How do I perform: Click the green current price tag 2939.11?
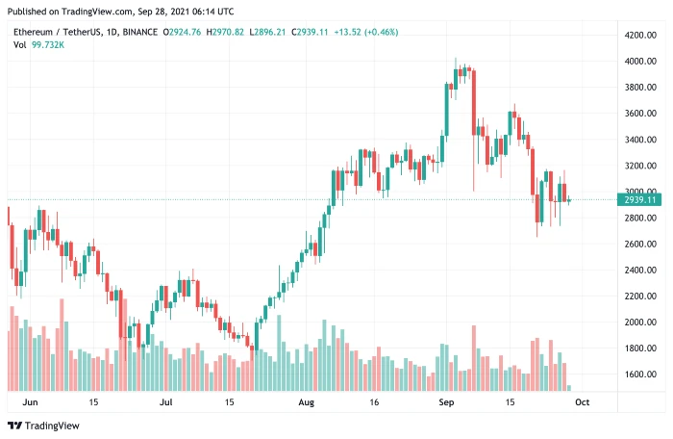pyautogui.click(x=638, y=200)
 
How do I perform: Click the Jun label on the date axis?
pyautogui.click(x=30, y=401)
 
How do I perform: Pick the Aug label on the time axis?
pyautogui.click(x=306, y=401)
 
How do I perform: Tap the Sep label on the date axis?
pyautogui.click(x=445, y=401)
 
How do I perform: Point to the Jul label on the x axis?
pyautogui.click(x=166, y=401)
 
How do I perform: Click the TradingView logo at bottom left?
pyautogui.click(x=44, y=426)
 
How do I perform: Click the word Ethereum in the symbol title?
pyautogui.click(x=33, y=32)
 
